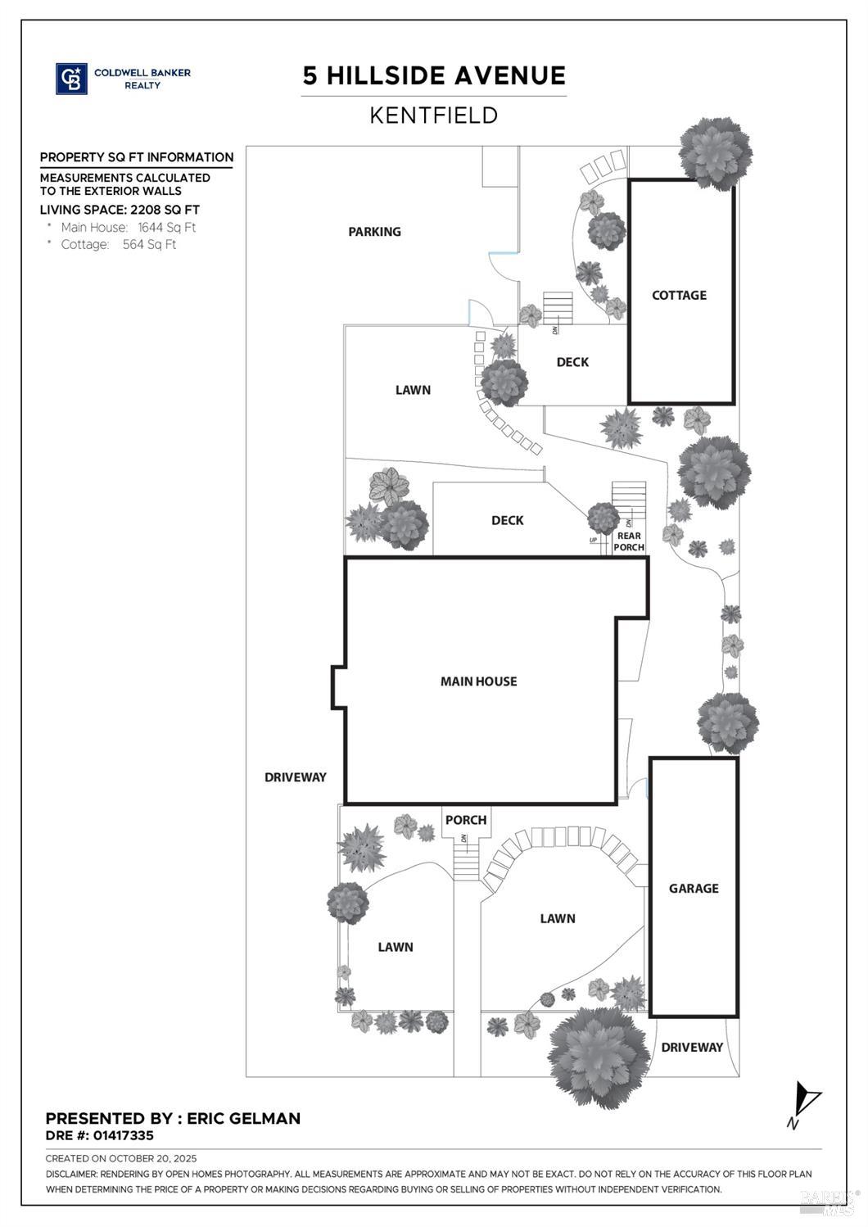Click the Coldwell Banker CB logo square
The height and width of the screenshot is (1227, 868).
tap(71, 79)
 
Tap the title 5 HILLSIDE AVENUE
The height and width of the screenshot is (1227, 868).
tap(434, 76)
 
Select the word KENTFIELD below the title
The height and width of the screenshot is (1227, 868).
tap(434, 115)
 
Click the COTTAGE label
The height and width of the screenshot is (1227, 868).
tap(679, 296)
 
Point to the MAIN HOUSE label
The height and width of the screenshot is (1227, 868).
tap(478, 681)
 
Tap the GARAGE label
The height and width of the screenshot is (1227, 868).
tap(694, 889)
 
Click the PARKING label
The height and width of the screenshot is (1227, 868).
tap(374, 232)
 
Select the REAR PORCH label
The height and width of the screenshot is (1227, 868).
tap(629, 541)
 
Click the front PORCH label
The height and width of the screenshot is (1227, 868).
tap(466, 820)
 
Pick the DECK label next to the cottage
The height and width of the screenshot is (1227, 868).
tap(572, 362)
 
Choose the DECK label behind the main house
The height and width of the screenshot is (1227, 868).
tap(507, 521)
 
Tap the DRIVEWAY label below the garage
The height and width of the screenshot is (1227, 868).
tap(692, 1048)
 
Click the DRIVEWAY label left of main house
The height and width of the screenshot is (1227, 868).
tap(295, 777)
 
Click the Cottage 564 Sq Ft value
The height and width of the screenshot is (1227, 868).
tap(149, 245)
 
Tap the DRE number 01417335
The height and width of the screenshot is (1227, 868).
tap(123, 1136)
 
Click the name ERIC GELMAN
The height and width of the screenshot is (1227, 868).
tap(244, 1119)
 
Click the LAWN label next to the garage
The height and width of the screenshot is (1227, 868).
tap(558, 919)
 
